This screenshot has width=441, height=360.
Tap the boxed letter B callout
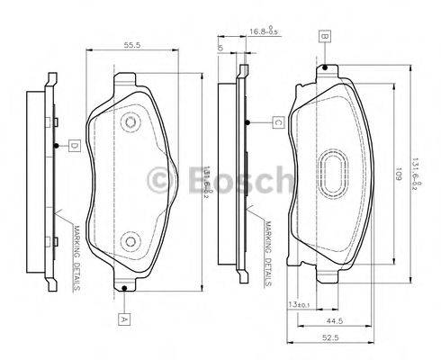click(324, 37)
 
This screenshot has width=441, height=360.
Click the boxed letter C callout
click(279, 122)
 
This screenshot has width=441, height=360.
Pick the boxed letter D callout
click(75, 145)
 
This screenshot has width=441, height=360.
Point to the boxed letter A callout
click(122, 317)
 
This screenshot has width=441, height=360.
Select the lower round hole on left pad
click(130, 242)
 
